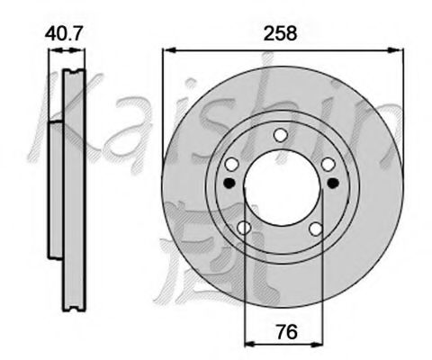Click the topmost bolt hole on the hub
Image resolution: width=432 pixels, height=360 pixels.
280,136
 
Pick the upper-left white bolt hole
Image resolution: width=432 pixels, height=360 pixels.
231,164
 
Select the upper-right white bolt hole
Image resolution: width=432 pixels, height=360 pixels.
328,164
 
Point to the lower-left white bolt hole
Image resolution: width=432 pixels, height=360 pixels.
244,229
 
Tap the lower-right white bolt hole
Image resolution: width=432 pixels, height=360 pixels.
315,229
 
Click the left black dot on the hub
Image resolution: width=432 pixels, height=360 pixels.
229,183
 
